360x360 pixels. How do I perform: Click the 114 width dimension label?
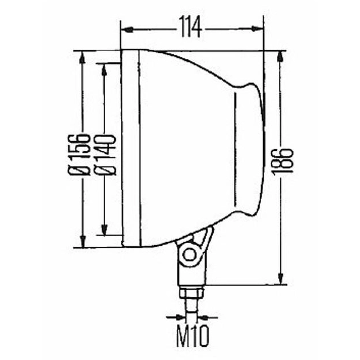(x=190, y=27)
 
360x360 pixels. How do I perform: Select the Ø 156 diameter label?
(x=78, y=154)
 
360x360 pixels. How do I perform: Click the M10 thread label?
(x=193, y=336)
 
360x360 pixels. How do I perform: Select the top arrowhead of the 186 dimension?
(x=280, y=56)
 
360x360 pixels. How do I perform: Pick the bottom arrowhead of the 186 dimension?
(x=280, y=278)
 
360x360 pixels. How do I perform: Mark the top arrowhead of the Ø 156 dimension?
(x=82, y=57)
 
